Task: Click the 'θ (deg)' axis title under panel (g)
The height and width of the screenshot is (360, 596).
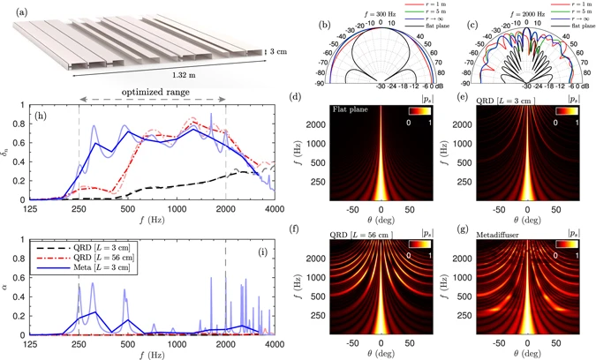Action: pyautogui.click(x=528, y=355)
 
